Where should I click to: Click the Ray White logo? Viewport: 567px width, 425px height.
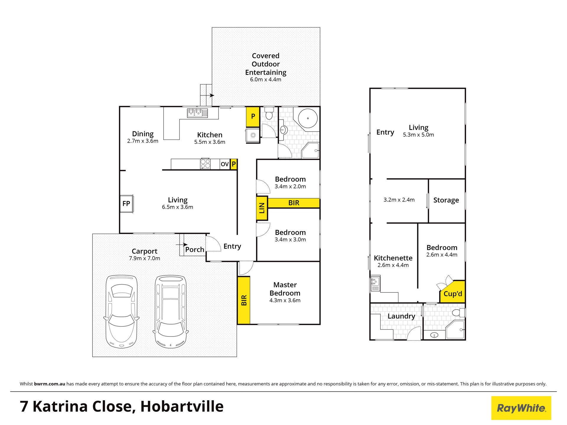point(521,408)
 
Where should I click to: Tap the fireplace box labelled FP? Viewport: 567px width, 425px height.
point(127,203)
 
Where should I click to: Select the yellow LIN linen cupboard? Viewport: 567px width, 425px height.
point(262,208)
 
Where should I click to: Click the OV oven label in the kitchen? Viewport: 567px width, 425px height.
point(225,164)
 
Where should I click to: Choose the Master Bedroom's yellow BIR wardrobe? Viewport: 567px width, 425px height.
point(244,300)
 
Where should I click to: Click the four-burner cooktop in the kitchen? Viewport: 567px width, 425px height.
point(206,164)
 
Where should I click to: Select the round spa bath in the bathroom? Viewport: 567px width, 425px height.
point(308,118)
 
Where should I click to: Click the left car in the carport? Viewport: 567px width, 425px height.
point(121,311)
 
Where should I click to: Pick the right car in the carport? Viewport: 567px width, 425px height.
point(171,312)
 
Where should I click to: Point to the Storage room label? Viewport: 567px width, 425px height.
point(446,200)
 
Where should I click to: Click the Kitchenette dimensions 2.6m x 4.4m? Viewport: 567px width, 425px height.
point(393,265)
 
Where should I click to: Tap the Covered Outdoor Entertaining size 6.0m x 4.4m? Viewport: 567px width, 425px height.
point(265,79)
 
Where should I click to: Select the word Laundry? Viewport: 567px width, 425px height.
point(401,316)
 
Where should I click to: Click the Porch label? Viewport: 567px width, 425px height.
point(195,249)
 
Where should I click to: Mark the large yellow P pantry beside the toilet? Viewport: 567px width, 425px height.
point(253,117)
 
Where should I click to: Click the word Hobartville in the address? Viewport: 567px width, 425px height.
point(182,406)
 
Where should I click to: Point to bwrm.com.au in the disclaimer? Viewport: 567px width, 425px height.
point(50,384)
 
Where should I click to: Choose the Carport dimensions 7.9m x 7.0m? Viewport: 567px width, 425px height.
point(144,258)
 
